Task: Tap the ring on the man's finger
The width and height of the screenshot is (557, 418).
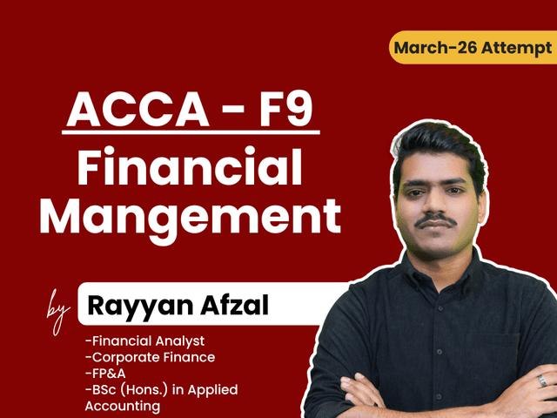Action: coord(542,381)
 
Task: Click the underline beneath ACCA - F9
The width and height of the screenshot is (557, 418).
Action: coord(192,132)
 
